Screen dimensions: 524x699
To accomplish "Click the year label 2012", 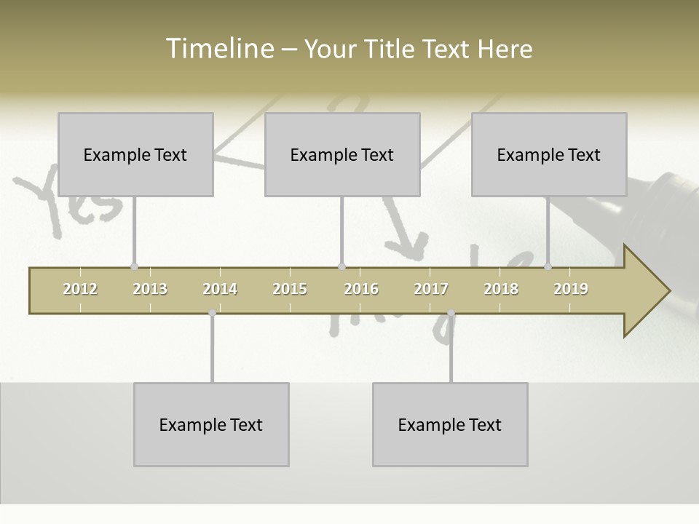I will [x=80, y=289].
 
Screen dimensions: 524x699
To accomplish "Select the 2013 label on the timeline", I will [x=150, y=289].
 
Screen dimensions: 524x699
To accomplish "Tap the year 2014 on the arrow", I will [x=220, y=289].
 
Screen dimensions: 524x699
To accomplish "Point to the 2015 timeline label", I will [x=290, y=289].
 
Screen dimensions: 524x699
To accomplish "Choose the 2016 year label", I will [x=361, y=289].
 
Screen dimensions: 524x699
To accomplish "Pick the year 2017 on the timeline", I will [x=431, y=289].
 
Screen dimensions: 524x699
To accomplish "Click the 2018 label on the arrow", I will [x=501, y=289].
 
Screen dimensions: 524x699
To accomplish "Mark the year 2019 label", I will [x=571, y=289].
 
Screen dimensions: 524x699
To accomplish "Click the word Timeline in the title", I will [x=219, y=49].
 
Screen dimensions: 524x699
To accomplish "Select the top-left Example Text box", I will [x=135, y=154].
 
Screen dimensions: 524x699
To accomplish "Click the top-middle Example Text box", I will [x=342, y=154].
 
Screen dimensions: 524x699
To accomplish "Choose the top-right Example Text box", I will [x=549, y=154].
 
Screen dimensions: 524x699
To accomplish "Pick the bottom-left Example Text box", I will [x=211, y=424].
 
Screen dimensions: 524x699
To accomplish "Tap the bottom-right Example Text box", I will [x=450, y=424].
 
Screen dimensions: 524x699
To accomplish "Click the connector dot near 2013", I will [x=134, y=267].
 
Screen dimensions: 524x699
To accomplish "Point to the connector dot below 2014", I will [x=212, y=313].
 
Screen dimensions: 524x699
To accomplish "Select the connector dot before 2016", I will [x=341, y=267].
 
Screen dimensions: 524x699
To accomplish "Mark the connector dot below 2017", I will [x=451, y=313].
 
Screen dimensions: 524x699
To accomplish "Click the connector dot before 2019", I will [x=548, y=267].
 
